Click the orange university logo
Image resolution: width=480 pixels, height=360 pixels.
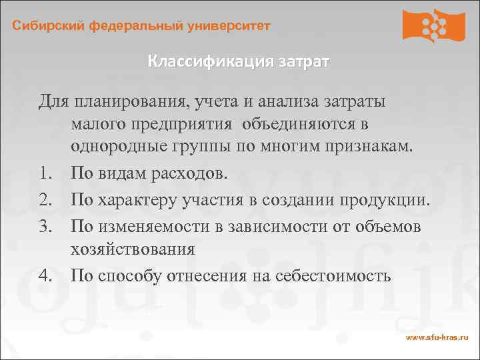coord(433,27)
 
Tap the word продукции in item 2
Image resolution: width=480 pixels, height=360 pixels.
coord(386,201)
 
